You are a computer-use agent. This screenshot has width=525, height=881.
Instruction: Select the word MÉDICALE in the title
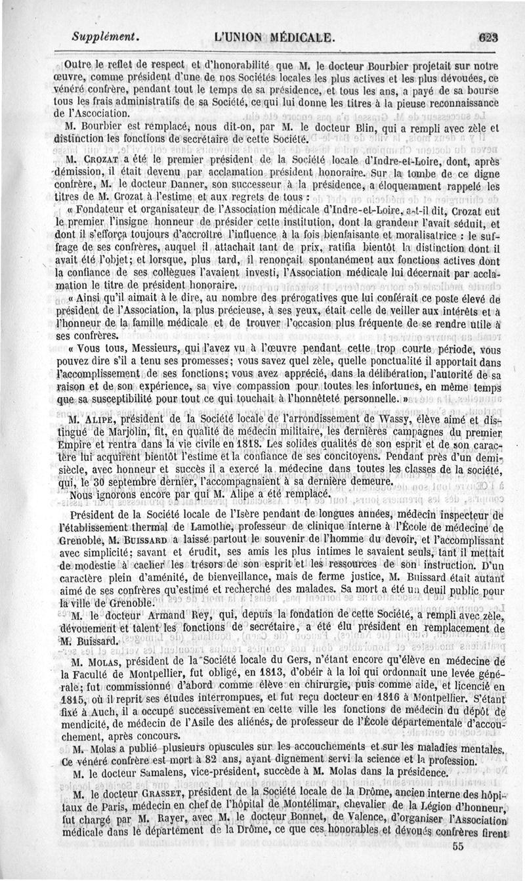(299, 37)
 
